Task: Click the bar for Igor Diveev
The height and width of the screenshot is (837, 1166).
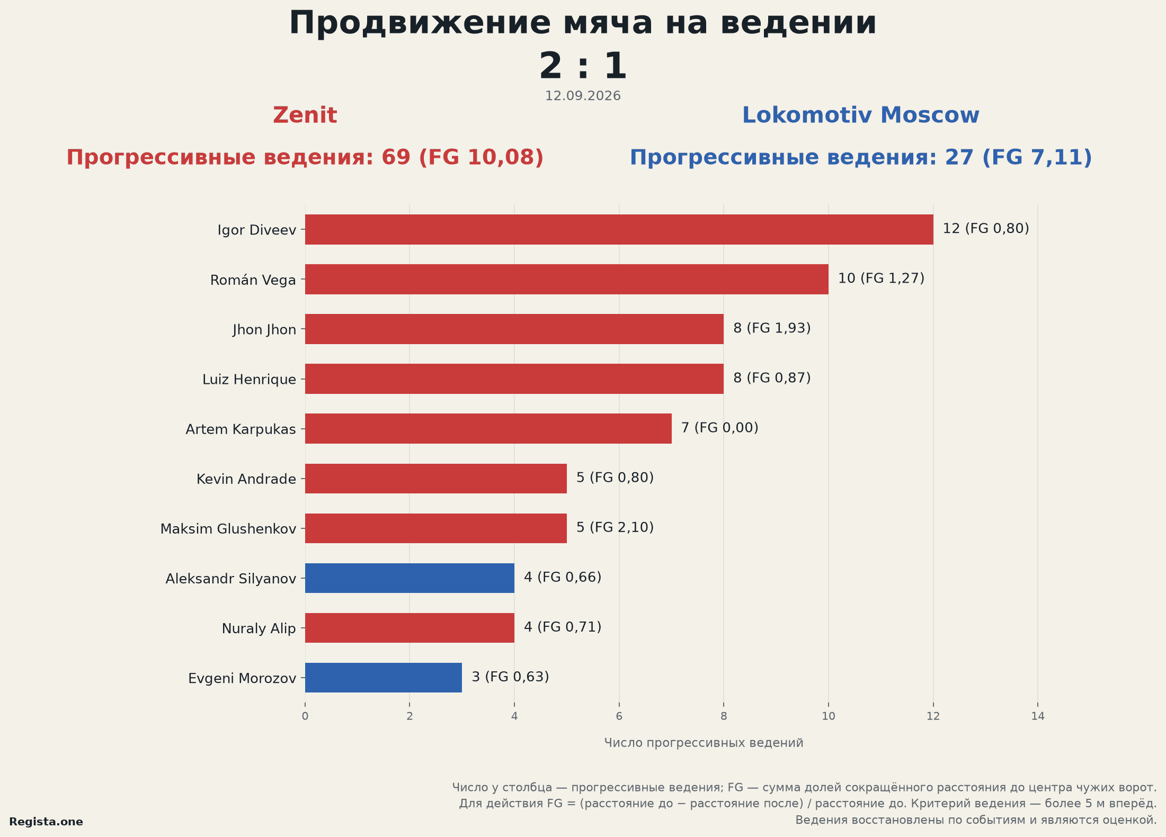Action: coord(619,229)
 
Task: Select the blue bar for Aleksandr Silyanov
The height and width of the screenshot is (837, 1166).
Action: coord(410,578)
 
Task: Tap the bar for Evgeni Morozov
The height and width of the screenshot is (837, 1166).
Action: coord(384,678)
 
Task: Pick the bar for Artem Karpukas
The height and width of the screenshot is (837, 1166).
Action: coord(488,428)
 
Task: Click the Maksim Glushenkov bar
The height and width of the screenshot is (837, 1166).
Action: coord(436,528)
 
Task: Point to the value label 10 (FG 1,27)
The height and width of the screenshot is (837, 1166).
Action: coord(881,278)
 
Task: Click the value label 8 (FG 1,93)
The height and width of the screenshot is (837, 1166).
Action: coord(772,328)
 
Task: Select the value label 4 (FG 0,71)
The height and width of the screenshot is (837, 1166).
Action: coord(563,627)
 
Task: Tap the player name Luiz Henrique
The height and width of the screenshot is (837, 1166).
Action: coord(249,380)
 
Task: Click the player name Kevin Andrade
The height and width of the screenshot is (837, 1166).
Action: coord(246,479)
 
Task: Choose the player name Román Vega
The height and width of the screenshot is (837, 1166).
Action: coord(253,280)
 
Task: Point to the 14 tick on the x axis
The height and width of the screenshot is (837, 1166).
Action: coord(1038,716)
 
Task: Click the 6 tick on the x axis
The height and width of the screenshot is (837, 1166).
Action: coord(619,716)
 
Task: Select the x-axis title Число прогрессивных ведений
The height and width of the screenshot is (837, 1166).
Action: coord(704,743)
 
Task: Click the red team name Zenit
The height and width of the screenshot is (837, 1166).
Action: coord(305,115)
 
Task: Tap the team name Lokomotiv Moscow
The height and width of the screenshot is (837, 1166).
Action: coord(861,115)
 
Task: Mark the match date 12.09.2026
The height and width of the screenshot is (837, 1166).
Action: coord(583,96)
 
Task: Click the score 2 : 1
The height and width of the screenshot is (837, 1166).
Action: coord(583,66)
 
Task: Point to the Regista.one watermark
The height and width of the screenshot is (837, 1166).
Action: coord(46,822)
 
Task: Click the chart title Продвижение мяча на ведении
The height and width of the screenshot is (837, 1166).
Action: coord(583,23)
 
